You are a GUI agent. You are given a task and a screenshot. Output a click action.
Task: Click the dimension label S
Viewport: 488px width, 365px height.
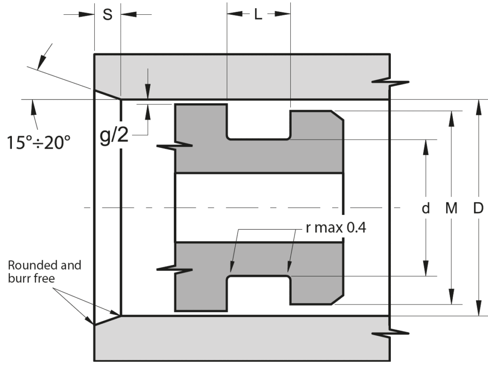click(x=107, y=14)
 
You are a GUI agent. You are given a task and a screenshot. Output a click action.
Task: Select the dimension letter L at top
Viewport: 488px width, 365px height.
click(x=258, y=14)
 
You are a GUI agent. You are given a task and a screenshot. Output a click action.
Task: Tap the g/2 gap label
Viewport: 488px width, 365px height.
click(x=114, y=135)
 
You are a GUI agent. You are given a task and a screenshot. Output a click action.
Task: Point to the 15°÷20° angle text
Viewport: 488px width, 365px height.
click(x=39, y=142)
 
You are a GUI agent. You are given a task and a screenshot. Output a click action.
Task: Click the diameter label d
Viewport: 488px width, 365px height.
click(x=426, y=208)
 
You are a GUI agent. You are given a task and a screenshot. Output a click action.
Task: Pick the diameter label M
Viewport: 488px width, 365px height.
click(x=451, y=208)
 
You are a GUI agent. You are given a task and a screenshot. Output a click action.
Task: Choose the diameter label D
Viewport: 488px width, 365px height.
click(x=478, y=208)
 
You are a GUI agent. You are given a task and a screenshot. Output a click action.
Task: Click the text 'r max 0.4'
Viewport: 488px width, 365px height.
click(x=336, y=227)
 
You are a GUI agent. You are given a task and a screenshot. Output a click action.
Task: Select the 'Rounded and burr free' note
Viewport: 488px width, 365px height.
click(x=44, y=272)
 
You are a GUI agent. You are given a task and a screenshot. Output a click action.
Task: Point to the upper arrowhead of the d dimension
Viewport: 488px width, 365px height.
click(x=426, y=147)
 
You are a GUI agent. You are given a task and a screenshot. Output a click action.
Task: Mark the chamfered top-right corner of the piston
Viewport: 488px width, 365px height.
click(x=337, y=115)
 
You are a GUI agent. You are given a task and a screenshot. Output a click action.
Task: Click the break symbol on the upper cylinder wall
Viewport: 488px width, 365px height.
click(x=390, y=82)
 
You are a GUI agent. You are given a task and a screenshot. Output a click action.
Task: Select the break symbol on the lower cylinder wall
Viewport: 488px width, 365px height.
click(x=390, y=333)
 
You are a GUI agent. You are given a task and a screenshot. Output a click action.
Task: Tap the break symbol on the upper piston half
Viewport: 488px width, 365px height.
click(x=174, y=145)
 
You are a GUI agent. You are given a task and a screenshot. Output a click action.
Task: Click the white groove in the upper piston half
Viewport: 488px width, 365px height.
click(x=259, y=123)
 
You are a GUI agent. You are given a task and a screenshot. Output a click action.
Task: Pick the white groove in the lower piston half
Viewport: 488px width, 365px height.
click(x=259, y=293)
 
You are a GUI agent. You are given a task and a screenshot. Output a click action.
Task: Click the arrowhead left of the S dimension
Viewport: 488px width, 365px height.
click(x=87, y=14)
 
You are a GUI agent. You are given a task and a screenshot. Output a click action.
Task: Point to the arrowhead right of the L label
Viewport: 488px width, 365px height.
click(x=283, y=14)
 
